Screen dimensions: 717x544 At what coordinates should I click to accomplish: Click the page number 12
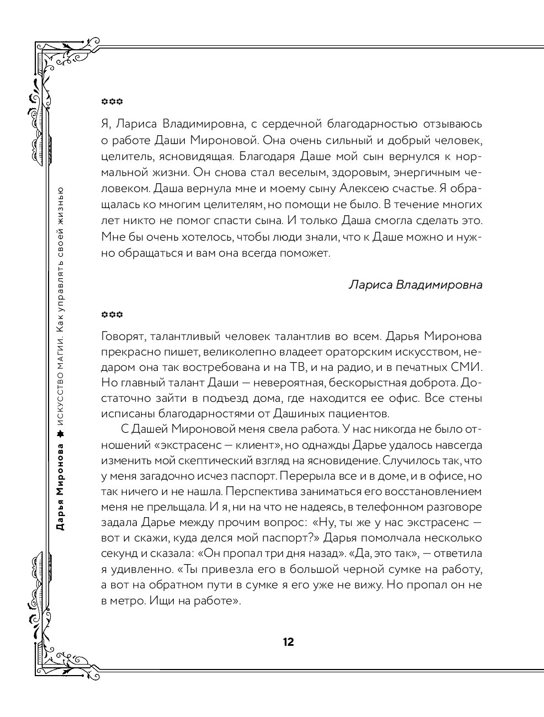click(x=288, y=642)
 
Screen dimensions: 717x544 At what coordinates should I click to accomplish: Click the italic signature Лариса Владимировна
click(x=415, y=285)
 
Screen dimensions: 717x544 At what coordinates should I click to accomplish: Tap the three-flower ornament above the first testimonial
click(x=112, y=102)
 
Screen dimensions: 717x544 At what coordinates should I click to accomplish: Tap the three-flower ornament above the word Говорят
click(x=112, y=315)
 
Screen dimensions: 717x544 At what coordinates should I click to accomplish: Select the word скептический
click(x=219, y=460)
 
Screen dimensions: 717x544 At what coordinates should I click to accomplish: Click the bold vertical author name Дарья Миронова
click(x=61, y=486)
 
